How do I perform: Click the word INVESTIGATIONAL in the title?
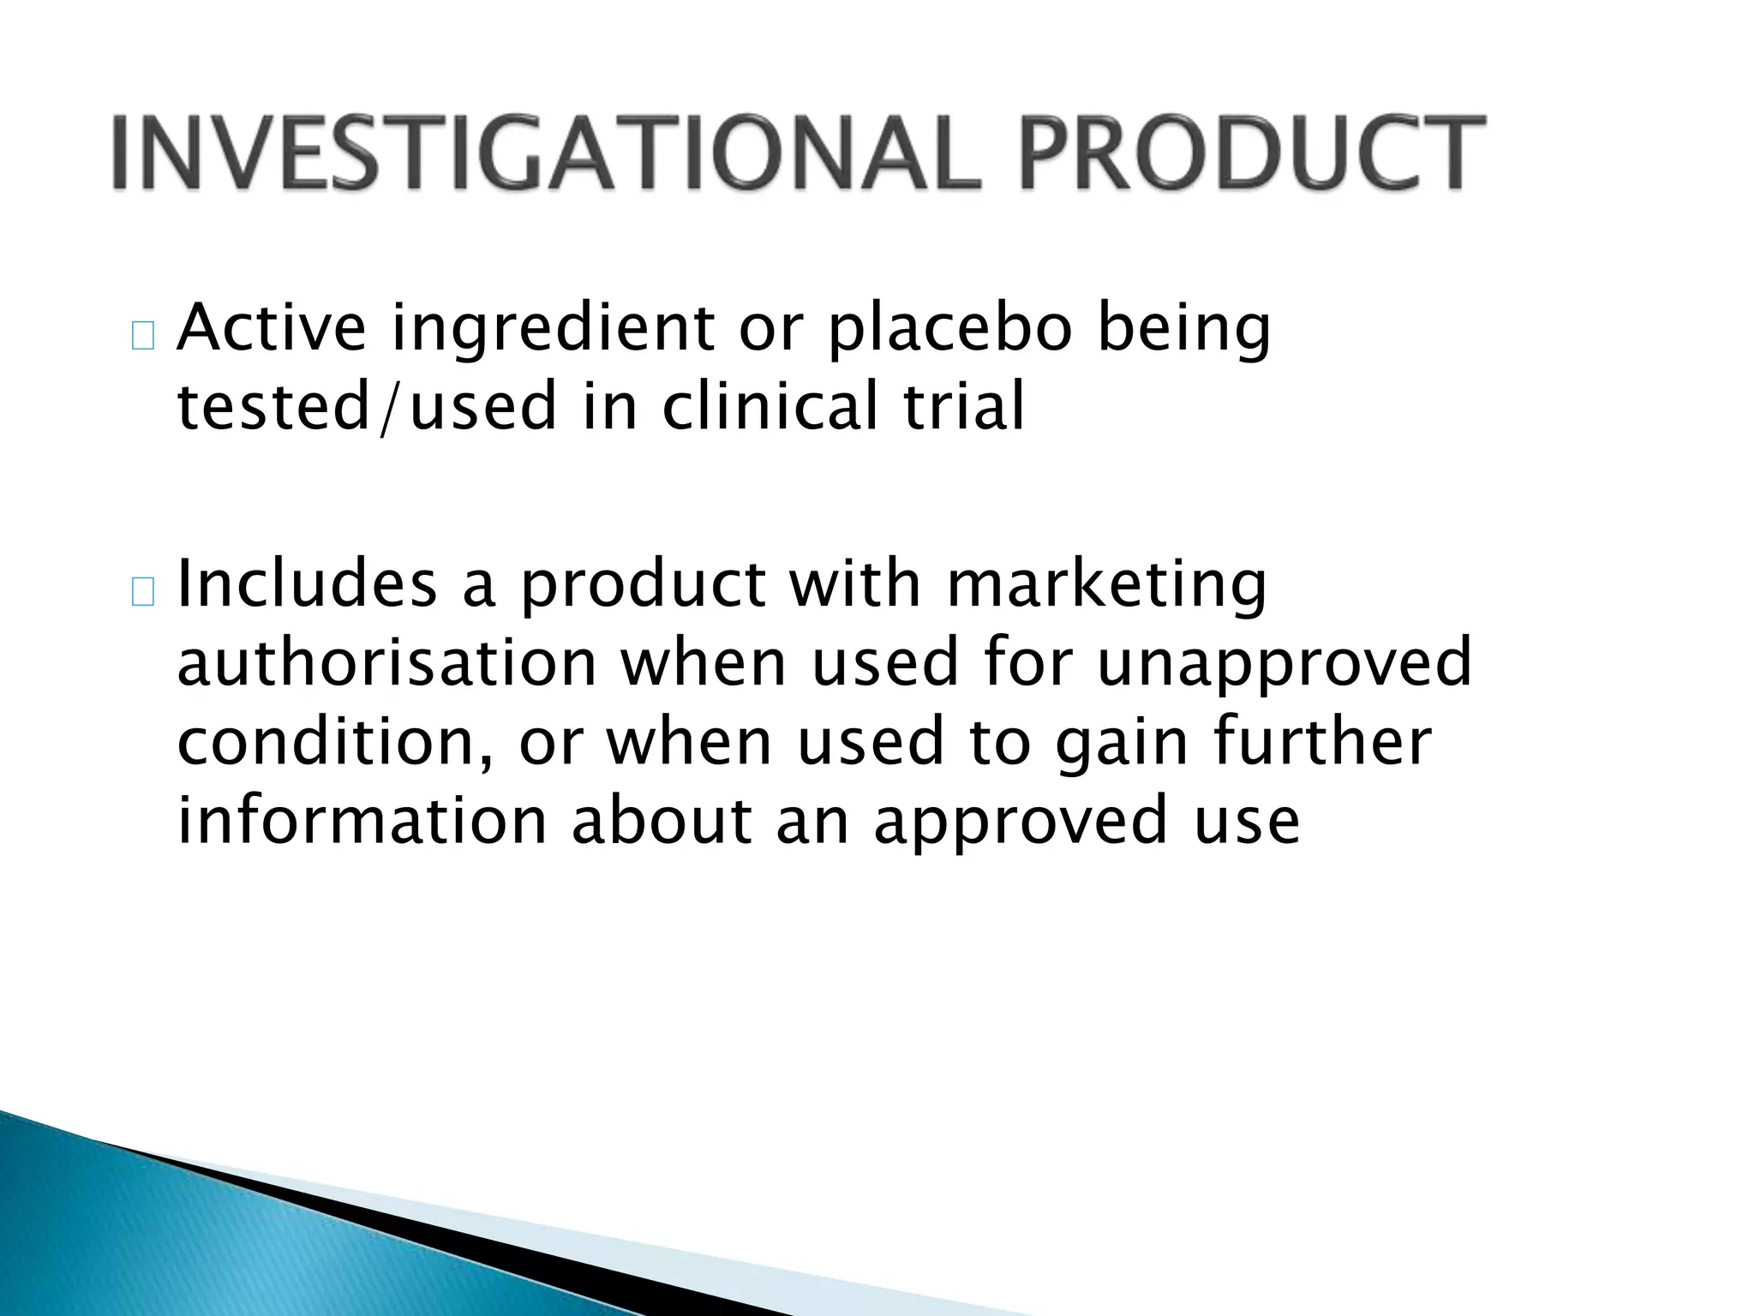tap(545, 154)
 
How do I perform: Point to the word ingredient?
tap(553, 330)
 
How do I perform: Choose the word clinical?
tap(770, 406)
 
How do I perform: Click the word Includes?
tap(307, 584)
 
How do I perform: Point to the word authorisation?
tap(386, 663)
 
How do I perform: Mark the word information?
tap(362, 821)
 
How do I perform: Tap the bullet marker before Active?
tap(143, 336)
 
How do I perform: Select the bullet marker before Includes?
tap(143, 592)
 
